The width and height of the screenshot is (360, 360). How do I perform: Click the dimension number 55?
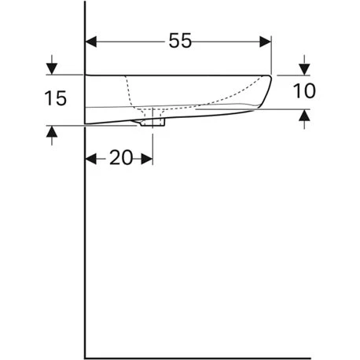click(x=180, y=42)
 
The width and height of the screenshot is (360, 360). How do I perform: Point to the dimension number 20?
click(x=120, y=158)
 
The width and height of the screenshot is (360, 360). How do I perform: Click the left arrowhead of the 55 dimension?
click(x=91, y=41)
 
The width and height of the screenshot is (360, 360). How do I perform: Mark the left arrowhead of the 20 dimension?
click(x=90, y=158)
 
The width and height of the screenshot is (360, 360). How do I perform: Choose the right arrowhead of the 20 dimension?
click(x=147, y=158)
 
